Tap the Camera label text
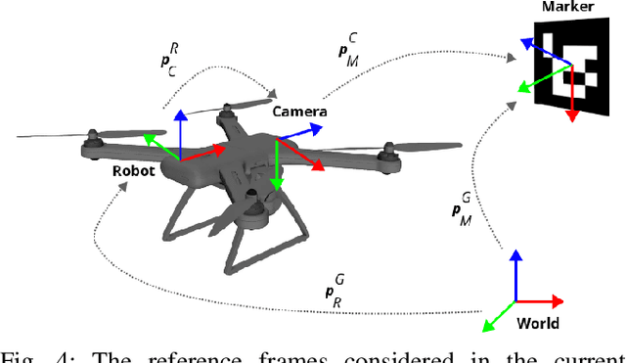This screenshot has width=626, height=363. [299, 112]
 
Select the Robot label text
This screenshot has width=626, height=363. [134, 169]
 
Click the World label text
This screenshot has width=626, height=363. [537, 324]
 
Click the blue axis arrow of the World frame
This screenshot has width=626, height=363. [515, 274]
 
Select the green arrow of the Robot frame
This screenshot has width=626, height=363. [159, 146]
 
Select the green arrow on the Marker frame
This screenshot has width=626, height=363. [533, 81]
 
